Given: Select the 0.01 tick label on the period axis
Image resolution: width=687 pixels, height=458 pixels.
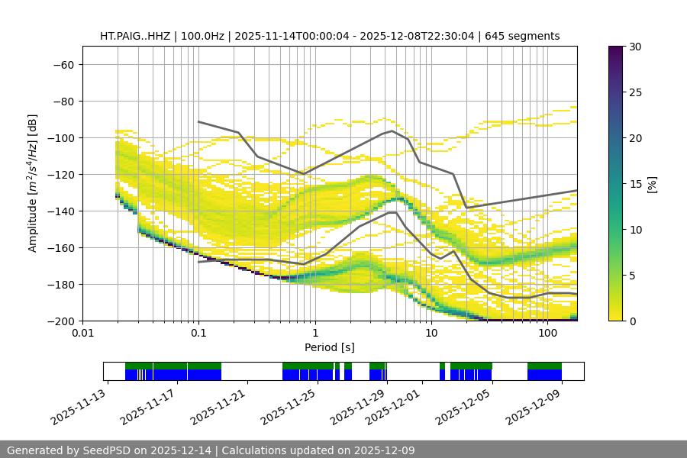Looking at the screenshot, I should (82, 333).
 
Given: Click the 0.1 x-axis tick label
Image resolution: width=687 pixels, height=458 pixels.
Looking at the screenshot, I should (198, 333).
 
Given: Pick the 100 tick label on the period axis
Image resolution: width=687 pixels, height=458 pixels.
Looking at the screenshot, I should (547, 333).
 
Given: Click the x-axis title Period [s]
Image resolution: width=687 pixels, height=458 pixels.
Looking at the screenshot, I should (330, 347).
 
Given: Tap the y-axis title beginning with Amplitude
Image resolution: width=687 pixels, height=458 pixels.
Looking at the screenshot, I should (33, 183).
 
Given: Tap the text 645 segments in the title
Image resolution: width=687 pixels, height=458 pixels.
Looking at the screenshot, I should (527, 36).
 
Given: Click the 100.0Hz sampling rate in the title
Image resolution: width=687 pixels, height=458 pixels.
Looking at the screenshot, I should (202, 36).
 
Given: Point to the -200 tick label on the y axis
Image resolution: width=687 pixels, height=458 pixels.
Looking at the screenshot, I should (60, 321).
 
